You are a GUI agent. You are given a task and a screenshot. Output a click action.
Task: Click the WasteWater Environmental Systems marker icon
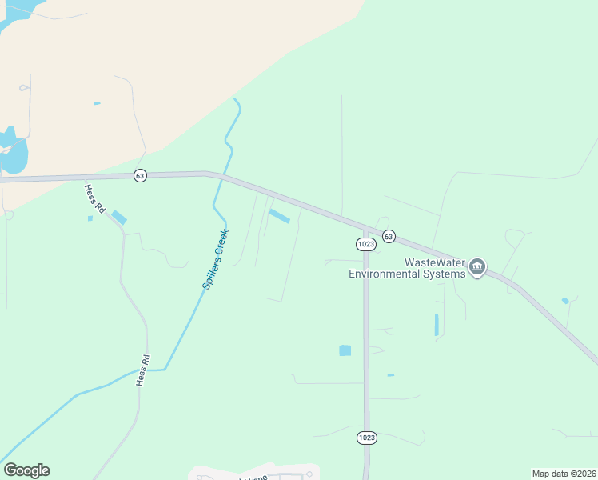tap(477, 267)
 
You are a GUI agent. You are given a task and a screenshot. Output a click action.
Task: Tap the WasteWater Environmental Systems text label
tap(407, 268)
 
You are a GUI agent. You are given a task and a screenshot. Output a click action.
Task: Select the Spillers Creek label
tap(215, 259)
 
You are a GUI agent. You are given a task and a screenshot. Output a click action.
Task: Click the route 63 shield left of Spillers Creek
tap(140, 176)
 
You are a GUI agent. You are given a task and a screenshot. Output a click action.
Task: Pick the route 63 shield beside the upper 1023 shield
tap(389, 236)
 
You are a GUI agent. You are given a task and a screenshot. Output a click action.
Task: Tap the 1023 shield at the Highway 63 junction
tap(366, 244)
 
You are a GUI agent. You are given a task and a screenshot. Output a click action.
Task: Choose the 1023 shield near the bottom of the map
tap(367, 438)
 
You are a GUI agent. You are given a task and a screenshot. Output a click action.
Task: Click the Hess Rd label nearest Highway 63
tap(95, 198)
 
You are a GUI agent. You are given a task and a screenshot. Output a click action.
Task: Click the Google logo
tap(26, 470)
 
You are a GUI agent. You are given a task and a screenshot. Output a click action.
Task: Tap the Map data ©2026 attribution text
tap(564, 474)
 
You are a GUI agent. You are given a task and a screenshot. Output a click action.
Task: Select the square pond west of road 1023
tap(345, 350)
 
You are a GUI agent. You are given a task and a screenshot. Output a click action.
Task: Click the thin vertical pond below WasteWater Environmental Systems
tap(437, 325)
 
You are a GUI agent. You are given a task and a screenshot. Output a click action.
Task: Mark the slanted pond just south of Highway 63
tap(279, 216)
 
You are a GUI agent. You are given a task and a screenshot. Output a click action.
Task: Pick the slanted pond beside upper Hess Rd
tap(119, 217)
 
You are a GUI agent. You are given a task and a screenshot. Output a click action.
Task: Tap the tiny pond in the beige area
tap(97, 103)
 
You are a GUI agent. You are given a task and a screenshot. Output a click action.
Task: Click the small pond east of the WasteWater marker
tap(565, 301)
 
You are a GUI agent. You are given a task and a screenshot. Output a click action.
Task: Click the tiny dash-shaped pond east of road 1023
tap(390, 375)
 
